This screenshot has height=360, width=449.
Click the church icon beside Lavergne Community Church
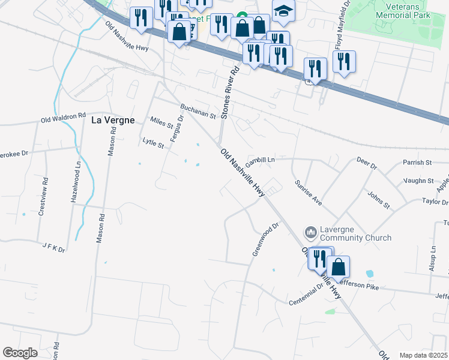point(310,232)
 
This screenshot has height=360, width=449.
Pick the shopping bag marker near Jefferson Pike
point(338,266)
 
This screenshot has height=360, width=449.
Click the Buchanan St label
point(197,111)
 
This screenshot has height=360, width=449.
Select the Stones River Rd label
point(229,92)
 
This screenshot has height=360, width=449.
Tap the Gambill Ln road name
point(259,160)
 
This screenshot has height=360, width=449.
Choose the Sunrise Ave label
point(308,192)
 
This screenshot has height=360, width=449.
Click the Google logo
point(20,353)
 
